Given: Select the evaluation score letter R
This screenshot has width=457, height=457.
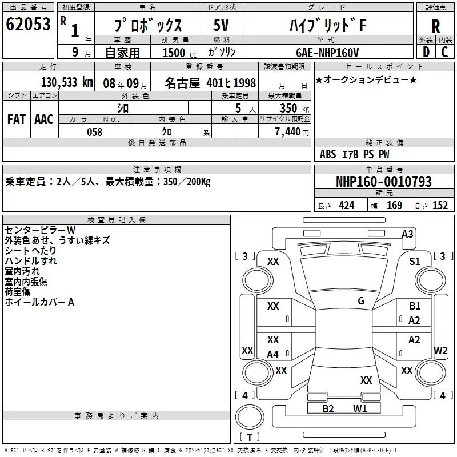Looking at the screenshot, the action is click(x=435, y=26).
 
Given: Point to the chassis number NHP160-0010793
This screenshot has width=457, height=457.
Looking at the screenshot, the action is click(x=383, y=182).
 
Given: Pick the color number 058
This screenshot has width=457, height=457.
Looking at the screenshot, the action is click(x=95, y=132).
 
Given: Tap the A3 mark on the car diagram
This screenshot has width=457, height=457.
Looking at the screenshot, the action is click(x=407, y=234).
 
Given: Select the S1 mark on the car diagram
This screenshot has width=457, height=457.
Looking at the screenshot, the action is click(x=415, y=261).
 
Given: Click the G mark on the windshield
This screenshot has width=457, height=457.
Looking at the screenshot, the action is click(x=361, y=301).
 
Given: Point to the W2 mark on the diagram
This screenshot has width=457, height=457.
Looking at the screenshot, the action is click(x=440, y=350).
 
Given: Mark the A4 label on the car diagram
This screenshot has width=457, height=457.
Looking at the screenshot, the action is click(x=273, y=355).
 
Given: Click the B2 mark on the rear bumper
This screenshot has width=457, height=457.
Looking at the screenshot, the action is click(x=328, y=408).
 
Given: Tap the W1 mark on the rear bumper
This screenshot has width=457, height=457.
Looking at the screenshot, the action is click(x=359, y=408).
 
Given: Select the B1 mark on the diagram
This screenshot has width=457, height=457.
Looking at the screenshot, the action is click(x=415, y=306).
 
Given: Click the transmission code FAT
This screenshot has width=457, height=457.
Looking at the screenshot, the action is click(x=16, y=119).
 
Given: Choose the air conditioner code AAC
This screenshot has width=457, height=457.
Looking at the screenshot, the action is click(x=44, y=119).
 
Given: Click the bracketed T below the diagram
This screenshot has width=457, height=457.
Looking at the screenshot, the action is click(x=250, y=438).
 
